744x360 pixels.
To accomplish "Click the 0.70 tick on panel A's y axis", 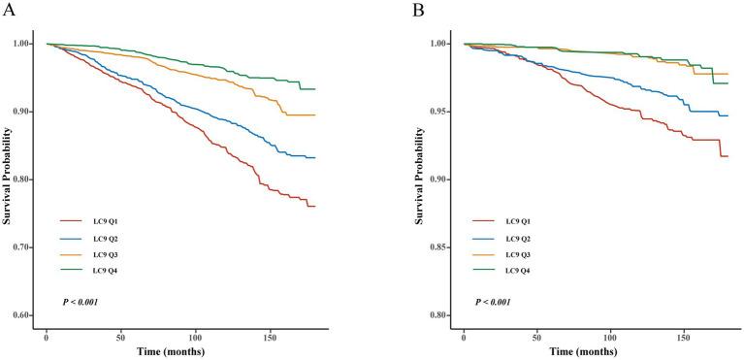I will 20,247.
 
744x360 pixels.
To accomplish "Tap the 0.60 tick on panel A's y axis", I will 20,315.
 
